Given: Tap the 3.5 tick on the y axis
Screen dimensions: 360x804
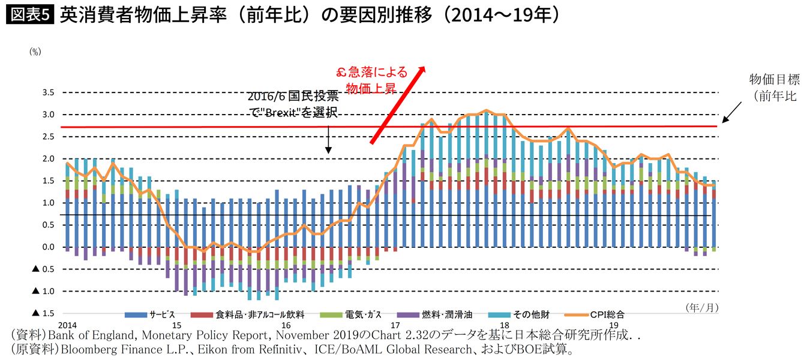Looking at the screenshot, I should tap(48, 92).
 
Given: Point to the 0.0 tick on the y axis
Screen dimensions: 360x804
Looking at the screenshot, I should tap(48, 247).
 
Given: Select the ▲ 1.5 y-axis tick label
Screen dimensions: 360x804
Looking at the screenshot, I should tap(43, 313).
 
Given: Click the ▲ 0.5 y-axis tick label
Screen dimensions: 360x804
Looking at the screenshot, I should tap(43, 269).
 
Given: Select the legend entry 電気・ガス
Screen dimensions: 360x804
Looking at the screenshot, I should tap(363, 314).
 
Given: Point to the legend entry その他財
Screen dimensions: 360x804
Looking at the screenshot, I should tap(532, 314).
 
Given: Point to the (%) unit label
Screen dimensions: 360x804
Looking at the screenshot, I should tap(35, 52).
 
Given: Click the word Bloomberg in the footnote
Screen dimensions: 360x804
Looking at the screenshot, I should tap(78, 349).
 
